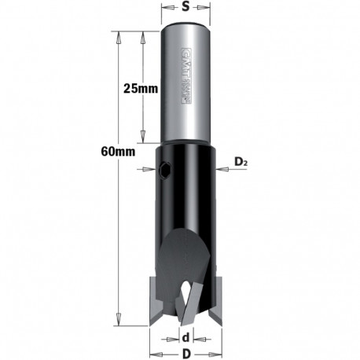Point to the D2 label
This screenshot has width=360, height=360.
point(240,162)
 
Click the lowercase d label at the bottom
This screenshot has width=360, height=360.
point(186,339)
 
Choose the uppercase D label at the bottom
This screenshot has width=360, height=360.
point(186,353)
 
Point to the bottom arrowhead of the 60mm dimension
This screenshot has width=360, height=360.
point(119,319)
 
